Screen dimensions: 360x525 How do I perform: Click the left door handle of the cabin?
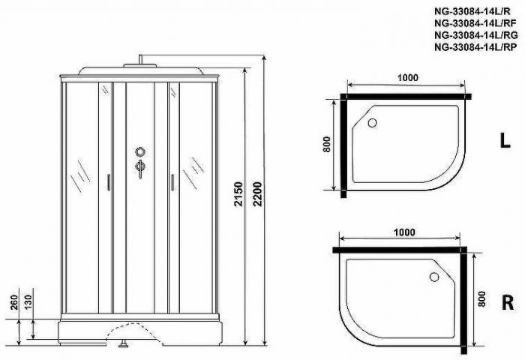(x=109, y=181)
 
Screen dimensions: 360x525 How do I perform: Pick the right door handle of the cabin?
(x=172, y=181)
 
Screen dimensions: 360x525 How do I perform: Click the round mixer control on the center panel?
(x=140, y=152)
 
